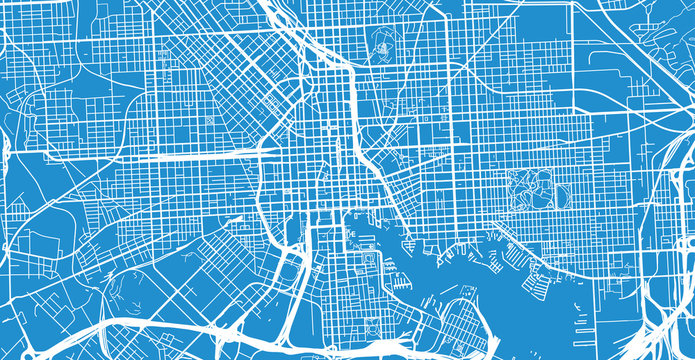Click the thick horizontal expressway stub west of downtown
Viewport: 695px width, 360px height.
[x=200, y=156]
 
